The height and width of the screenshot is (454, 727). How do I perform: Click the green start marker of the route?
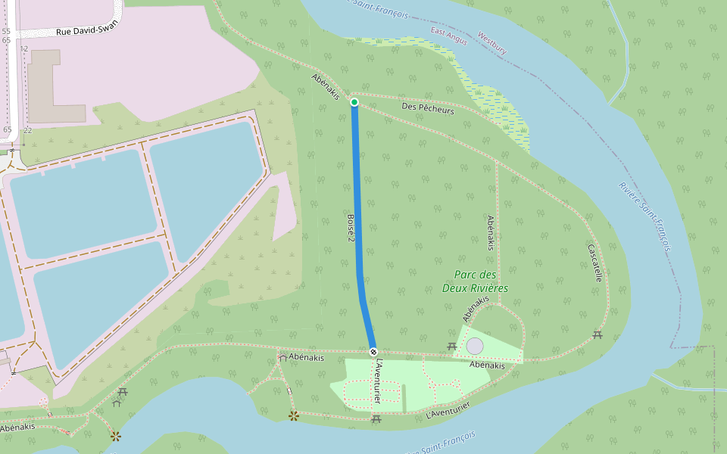(x=354, y=101)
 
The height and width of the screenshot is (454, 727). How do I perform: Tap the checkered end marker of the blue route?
(x=373, y=352)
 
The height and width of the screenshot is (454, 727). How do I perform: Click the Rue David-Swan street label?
(x=87, y=30)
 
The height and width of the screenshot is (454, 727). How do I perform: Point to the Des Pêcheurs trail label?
(x=428, y=110)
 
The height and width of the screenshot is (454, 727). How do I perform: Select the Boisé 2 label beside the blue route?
(x=351, y=228)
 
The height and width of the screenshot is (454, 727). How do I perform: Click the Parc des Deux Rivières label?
(x=476, y=281)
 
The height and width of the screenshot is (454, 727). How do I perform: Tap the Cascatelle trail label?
(x=594, y=263)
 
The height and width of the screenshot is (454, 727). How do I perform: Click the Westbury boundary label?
(x=492, y=43)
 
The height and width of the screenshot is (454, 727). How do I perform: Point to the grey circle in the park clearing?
(x=475, y=346)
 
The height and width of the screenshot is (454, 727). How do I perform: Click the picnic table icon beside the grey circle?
(x=452, y=346)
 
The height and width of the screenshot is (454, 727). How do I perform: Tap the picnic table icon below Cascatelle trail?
(x=598, y=334)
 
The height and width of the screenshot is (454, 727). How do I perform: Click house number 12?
(x=24, y=48)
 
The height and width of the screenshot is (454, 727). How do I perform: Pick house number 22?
(x=27, y=130)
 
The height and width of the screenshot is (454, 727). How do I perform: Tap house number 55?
(x=6, y=31)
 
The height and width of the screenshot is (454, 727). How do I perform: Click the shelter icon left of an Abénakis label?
(x=282, y=356)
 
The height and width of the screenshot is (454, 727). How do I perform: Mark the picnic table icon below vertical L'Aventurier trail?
(x=376, y=419)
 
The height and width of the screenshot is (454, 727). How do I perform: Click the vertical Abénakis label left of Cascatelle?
(x=491, y=233)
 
